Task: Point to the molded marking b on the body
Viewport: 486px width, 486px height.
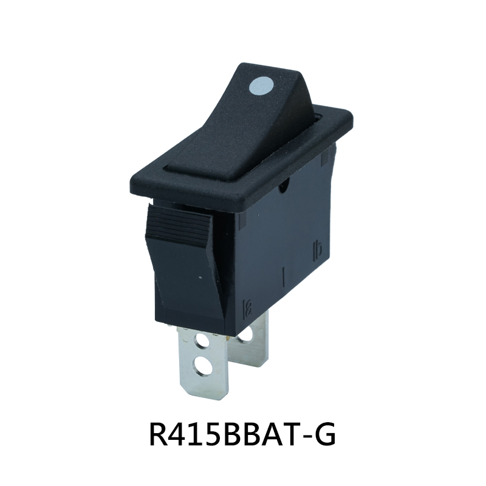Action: (x=317, y=248)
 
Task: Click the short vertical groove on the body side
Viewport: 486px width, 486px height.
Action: (x=285, y=276)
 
